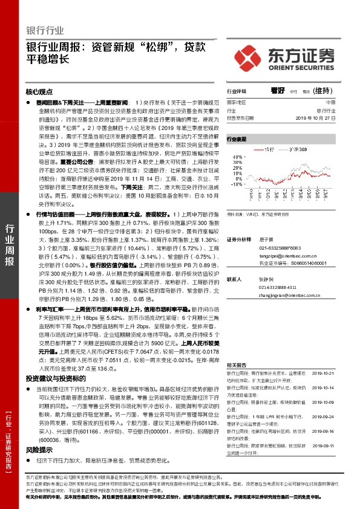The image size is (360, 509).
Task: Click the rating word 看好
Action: (x=277, y=90)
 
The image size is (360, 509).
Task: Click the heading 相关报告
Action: (x=236, y=366)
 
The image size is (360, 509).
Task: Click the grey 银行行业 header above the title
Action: (x=45, y=30)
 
